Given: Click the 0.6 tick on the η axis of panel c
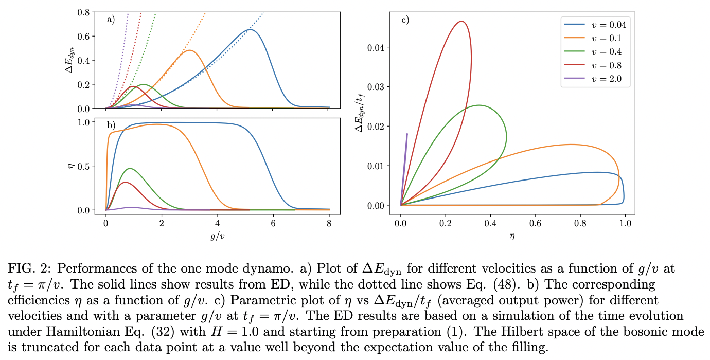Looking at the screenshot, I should click(x=536, y=224).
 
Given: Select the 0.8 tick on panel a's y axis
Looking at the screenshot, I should click(x=84, y=11).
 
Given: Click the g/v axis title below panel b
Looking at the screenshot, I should click(x=217, y=236).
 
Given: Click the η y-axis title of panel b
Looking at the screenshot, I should click(x=72, y=166).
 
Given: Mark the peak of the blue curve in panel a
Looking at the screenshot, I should click(x=250, y=30).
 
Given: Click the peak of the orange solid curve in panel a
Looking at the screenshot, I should click(x=189, y=50).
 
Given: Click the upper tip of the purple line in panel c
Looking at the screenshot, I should click(x=407, y=134).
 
